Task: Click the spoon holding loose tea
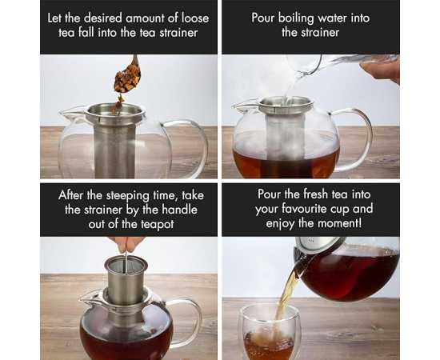128,75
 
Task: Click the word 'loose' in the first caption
195,18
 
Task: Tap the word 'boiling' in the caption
296,18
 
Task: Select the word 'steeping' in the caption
128,195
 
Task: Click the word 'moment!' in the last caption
339,224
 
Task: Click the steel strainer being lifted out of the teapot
126,281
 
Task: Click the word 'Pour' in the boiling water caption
263,18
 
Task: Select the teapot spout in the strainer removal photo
90,298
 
